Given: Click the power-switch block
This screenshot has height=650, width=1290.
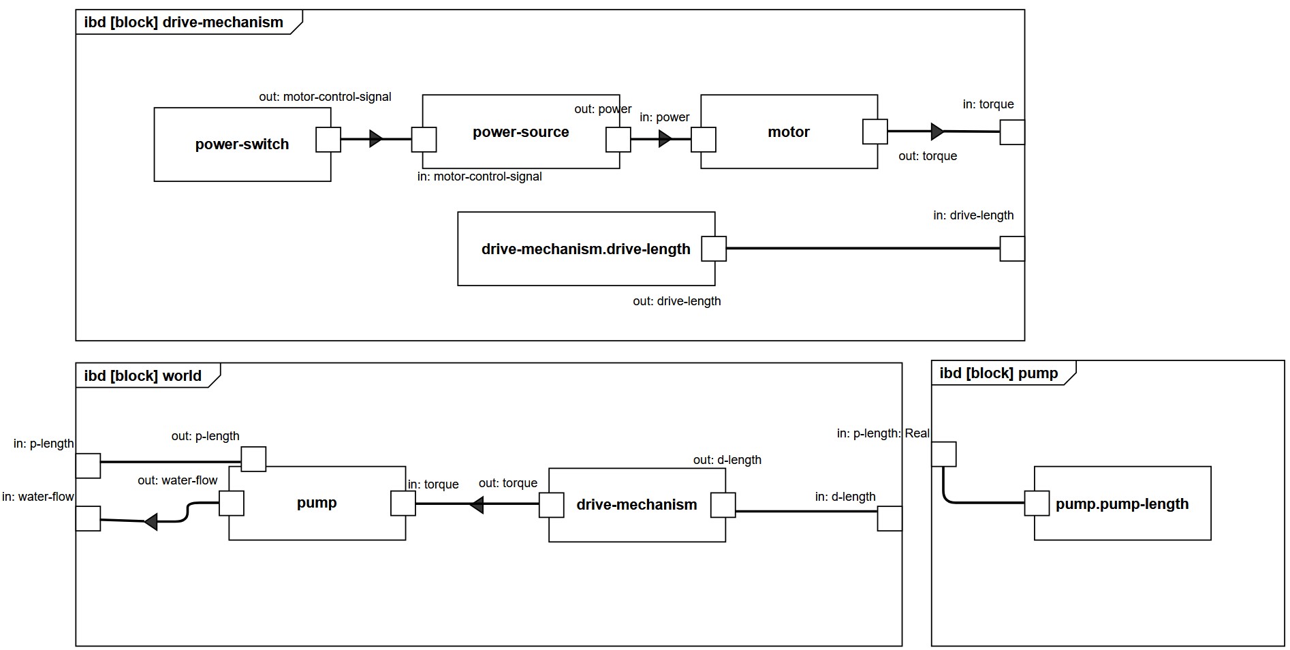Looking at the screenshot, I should coord(242,144).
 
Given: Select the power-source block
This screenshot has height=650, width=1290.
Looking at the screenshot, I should coord(521,132).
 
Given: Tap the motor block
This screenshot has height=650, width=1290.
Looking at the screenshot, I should coord(789,132).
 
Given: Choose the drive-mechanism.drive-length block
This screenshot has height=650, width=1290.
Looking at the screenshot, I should coord(586,249).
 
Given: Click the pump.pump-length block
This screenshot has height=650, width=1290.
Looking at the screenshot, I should coord(1122,504).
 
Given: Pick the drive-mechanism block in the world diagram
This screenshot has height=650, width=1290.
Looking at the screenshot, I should coord(637,505).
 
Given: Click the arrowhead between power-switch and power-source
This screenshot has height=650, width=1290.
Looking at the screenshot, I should coord(376,139).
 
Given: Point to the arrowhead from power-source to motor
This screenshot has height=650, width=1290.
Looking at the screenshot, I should coord(665,139).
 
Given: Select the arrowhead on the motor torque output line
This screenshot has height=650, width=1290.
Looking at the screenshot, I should coord(938,131).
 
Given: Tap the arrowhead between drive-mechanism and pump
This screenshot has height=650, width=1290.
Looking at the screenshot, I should coord(477,505).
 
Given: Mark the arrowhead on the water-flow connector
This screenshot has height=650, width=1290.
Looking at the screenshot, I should coord(151,522).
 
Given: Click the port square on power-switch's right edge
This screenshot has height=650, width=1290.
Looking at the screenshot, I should coord(328,139).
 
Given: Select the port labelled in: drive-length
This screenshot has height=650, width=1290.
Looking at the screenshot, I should coord(1012,249).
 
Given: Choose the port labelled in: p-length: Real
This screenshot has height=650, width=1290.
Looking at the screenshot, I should coord(944,454).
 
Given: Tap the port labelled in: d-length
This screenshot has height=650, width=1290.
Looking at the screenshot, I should coord(890,519).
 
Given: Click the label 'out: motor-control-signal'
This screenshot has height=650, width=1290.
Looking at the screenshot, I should coord(325,97).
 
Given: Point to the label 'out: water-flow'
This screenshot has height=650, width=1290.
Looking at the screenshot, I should coord(177,480).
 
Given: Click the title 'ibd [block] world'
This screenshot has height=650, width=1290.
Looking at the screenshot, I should coord(143,376).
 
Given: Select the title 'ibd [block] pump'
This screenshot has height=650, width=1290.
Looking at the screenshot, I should coord(998,373).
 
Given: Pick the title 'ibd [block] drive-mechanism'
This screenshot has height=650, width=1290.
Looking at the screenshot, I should coord(183,22).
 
